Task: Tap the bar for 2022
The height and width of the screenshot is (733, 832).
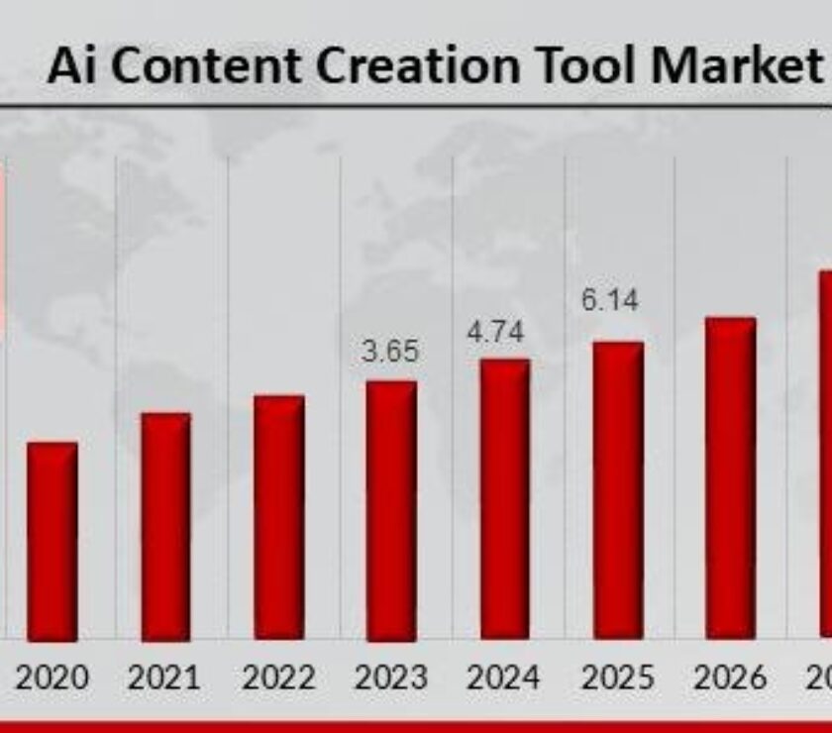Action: [x=278, y=517]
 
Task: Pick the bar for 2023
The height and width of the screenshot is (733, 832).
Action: [x=391, y=509]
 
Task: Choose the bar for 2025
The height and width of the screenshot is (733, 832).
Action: [x=618, y=489]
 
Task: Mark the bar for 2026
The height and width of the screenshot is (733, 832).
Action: [x=731, y=477]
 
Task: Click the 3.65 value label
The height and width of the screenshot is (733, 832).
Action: [x=389, y=352]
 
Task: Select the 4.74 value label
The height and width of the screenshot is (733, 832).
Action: [x=495, y=333]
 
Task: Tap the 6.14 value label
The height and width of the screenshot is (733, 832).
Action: [x=609, y=300]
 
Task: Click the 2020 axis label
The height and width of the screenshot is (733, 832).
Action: [x=52, y=679]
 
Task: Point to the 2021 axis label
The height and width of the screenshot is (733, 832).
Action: [x=164, y=679]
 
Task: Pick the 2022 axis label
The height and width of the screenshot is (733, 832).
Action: [x=278, y=679]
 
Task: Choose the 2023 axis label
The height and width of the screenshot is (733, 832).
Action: [x=391, y=679]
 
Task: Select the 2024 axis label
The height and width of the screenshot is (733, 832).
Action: [x=504, y=679]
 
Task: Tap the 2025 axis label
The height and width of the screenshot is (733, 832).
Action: [x=617, y=679]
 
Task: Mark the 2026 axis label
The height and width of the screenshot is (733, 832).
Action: [x=730, y=679]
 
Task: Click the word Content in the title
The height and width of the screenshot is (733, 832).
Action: [x=190, y=66]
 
